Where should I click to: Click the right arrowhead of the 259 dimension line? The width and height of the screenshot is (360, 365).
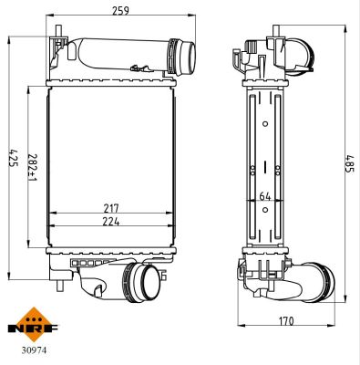[197, 16]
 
